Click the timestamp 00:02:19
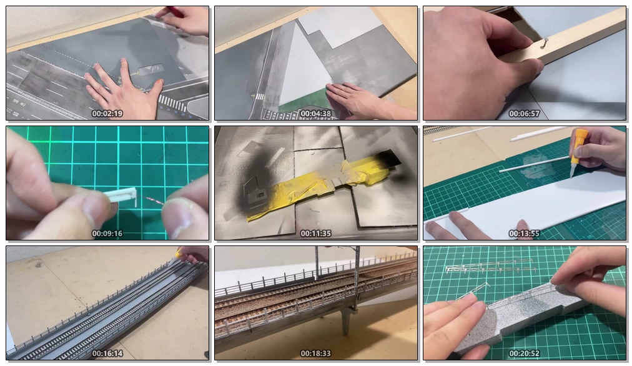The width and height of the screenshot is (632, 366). point(107,114)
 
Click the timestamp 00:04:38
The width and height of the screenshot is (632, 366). point(315,114)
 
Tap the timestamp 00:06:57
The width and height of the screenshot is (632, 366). point(524,114)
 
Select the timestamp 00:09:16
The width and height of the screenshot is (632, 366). point(107,234)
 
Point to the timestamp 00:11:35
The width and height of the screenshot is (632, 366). point(315,234)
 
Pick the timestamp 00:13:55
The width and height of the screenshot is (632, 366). point(524,234)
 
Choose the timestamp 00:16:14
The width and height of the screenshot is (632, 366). point(107,354)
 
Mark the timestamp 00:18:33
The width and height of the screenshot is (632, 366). point(315,354)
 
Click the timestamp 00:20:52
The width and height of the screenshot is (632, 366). point(524,354)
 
